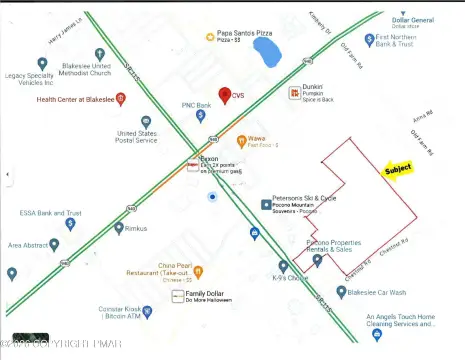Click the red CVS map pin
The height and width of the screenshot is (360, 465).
click(x=225, y=95)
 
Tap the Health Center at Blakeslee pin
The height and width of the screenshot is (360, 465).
click(x=120, y=99)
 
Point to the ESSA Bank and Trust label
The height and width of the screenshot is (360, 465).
click(x=47, y=213)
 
